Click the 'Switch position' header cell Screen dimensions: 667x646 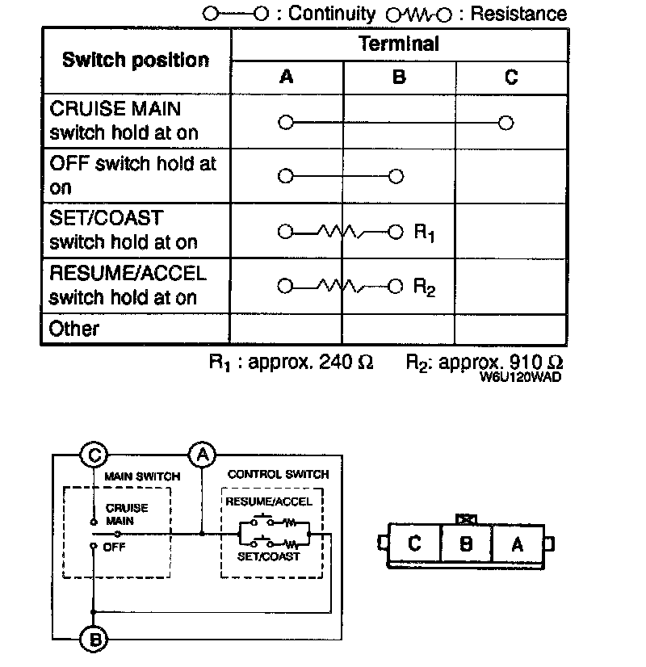[135, 61]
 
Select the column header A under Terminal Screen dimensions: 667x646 [287, 78]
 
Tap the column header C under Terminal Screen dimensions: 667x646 [511, 78]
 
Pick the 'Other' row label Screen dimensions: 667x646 [74, 329]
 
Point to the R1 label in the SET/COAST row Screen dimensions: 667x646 [425, 233]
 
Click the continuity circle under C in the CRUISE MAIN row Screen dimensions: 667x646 [506, 123]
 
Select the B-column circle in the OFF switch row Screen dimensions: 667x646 [395, 176]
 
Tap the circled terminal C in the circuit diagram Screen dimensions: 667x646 [94, 455]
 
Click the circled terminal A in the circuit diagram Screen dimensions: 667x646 [201, 455]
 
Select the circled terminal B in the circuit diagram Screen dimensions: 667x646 [94, 640]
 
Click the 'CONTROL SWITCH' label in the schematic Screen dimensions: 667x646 [278, 475]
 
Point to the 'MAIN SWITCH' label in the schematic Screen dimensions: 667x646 [142, 476]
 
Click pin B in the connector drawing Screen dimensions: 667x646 [465, 543]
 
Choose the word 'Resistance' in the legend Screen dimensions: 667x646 [518, 14]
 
